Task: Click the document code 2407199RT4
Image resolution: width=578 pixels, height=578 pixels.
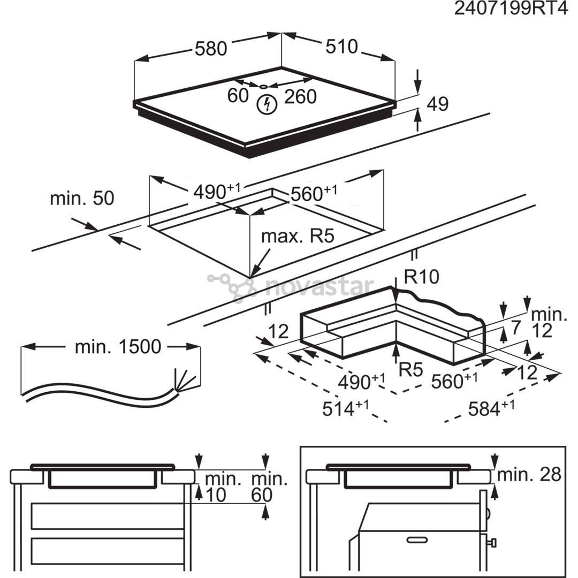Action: click(x=510, y=9)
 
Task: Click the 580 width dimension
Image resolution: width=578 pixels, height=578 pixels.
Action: click(x=211, y=49)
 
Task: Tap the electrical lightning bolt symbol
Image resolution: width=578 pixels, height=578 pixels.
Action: click(x=265, y=104)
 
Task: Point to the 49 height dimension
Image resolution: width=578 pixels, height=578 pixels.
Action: click(x=437, y=104)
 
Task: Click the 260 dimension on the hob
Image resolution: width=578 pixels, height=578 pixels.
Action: click(x=300, y=96)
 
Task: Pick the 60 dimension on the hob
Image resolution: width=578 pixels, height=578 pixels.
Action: click(x=238, y=96)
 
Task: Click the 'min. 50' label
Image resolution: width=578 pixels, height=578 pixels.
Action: click(x=82, y=198)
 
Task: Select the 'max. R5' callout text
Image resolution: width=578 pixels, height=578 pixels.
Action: click(x=298, y=236)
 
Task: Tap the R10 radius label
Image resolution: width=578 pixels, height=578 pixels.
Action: click(x=421, y=277)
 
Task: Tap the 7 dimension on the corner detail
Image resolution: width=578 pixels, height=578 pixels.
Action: click(x=515, y=326)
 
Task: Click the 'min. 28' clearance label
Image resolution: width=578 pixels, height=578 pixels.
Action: click(x=529, y=474)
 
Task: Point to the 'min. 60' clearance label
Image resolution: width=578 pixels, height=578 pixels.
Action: click(x=269, y=487)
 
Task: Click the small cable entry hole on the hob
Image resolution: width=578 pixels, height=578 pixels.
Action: click(x=264, y=86)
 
